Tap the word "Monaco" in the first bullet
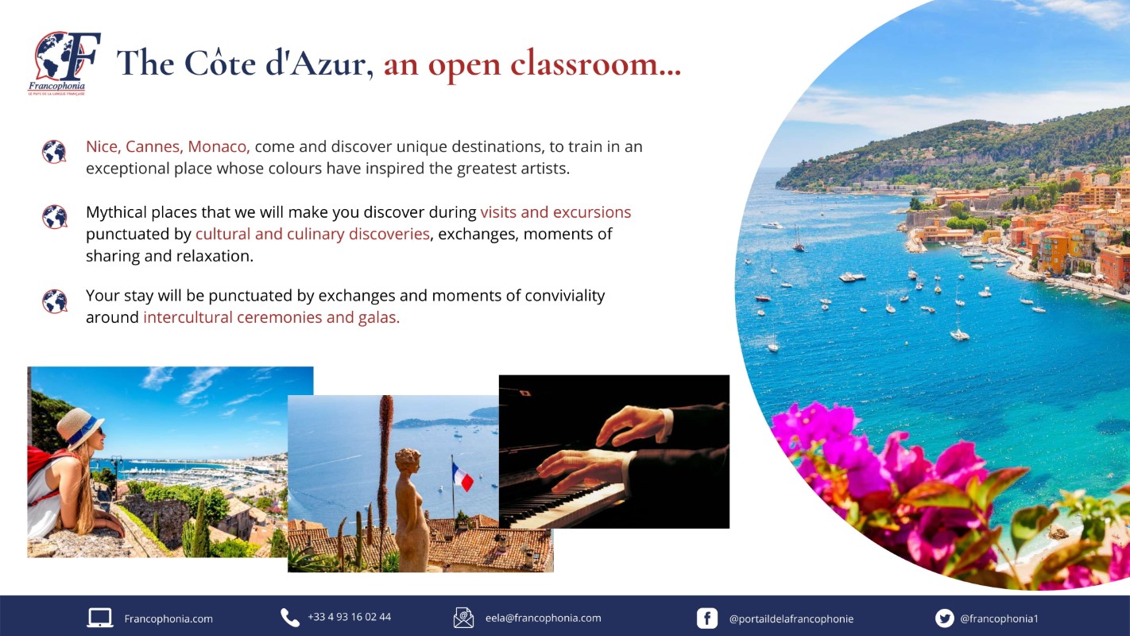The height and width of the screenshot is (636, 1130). [219, 146]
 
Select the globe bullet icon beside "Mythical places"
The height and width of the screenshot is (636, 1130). [55, 217]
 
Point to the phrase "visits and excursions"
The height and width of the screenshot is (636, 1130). [555, 212]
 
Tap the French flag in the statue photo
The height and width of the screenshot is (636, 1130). [462, 477]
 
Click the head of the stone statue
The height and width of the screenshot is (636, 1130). [408, 461]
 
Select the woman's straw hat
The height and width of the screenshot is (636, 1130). [79, 428]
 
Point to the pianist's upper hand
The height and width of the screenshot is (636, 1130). [635, 425]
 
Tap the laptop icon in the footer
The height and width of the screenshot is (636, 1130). [100, 618]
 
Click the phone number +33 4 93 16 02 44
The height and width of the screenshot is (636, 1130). [349, 617]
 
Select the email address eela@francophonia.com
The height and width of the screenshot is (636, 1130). [544, 618]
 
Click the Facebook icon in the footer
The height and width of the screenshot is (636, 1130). [706, 619]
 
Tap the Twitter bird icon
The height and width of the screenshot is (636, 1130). [944, 618]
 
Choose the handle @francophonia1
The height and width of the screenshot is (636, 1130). [1000, 619]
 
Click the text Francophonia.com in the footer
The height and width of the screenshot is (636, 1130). [168, 619]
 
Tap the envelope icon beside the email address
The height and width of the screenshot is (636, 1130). [463, 618]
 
